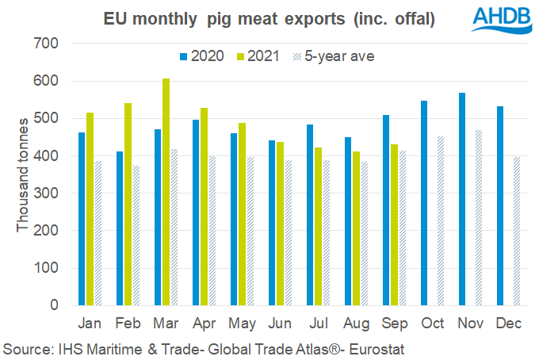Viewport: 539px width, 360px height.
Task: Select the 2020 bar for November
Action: [462, 199]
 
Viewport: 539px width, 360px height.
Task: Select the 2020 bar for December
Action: [500, 205]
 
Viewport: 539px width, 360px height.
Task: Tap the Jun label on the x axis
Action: [280, 324]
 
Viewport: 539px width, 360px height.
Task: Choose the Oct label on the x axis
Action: [432, 324]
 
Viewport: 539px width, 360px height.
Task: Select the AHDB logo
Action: [503, 20]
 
